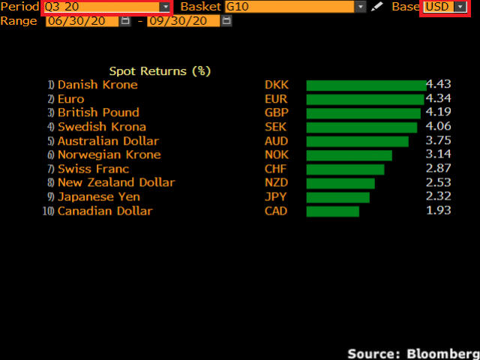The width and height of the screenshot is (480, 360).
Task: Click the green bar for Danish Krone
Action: click(x=366, y=85)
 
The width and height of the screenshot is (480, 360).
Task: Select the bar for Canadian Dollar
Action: click(x=333, y=211)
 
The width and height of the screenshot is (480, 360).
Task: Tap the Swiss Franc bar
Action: click(x=345, y=169)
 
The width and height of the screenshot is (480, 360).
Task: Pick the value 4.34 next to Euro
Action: click(x=438, y=99)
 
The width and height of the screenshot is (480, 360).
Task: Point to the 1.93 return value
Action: click(x=438, y=211)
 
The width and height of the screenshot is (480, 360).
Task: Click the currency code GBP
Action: click(x=276, y=113)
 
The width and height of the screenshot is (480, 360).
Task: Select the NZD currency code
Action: click(x=276, y=183)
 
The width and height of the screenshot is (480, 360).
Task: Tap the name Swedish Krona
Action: click(x=101, y=127)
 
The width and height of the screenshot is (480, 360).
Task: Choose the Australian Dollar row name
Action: click(x=108, y=141)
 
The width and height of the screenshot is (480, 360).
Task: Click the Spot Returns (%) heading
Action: click(x=160, y=71)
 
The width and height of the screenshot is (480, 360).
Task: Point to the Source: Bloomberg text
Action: click(x=412, y=352)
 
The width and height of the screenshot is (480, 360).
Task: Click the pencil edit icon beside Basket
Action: click(x=377, y=7)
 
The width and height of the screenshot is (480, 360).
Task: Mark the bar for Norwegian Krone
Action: click(x=349, y=155)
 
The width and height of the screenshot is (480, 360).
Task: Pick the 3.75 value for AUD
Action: click(x=438, y=141)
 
